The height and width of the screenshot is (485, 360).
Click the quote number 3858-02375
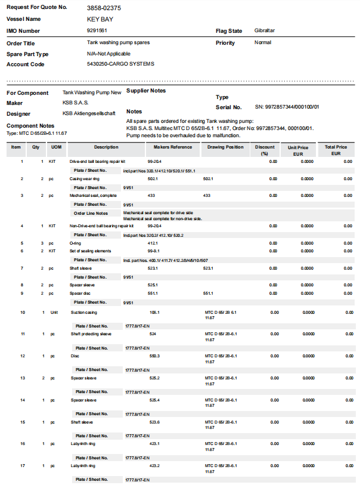[104, 8]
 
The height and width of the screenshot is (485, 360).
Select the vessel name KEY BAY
[100, 19]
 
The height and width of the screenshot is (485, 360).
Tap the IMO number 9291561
[97, 30]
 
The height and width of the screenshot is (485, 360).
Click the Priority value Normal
[263, 42]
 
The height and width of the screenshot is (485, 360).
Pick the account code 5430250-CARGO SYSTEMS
[120, 64]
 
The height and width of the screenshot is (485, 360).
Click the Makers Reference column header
[173, 147]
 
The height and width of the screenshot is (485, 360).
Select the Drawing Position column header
[226, 147]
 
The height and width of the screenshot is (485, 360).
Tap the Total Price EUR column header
[336, 150]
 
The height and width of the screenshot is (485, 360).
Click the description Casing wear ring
[85, 178]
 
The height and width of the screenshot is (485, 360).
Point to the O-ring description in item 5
[76, 243]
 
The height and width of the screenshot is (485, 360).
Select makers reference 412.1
[153, 243]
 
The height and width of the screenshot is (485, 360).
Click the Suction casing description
[84, 312]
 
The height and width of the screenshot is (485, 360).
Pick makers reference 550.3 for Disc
[154, 356]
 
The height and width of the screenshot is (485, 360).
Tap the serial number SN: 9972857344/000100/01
[287, 107]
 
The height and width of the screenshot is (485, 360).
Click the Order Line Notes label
[91, 213]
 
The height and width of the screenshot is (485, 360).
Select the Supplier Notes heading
[146, 91]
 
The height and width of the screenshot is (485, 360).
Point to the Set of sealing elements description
[91, 251]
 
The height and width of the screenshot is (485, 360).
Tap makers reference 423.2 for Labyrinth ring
[154, 465]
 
